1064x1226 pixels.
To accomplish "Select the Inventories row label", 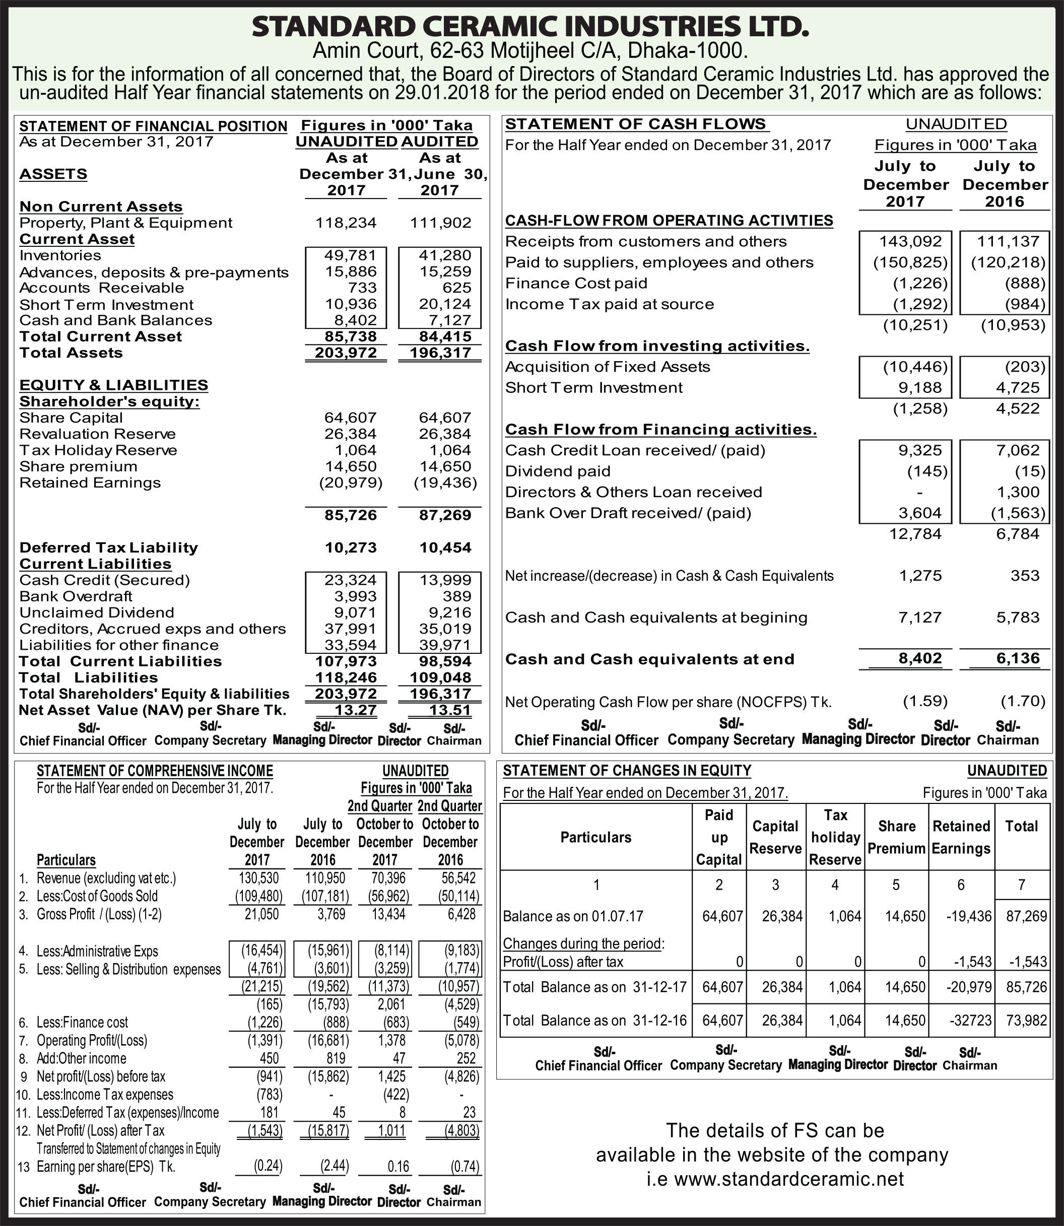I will click(x=60, y=255).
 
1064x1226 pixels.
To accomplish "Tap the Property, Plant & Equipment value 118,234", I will click(x=347, y=223).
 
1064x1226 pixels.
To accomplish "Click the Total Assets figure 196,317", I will click(x=440, y=353).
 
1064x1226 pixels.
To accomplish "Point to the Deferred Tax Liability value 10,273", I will click(x=350, y=548).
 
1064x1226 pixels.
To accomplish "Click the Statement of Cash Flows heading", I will click(x=635, y=124).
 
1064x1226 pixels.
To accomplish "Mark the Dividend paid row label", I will click(x=558, y=471).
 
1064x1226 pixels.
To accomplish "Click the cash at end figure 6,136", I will click(x=1018, y=658).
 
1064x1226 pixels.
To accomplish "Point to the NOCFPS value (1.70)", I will click(x=1023, y=701).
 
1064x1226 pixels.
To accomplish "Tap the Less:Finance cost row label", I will click(x=82, y=1023).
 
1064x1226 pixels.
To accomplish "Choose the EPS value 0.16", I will click(x=398, y=1167).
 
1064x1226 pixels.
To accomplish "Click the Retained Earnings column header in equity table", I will click(x=961, y=837).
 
